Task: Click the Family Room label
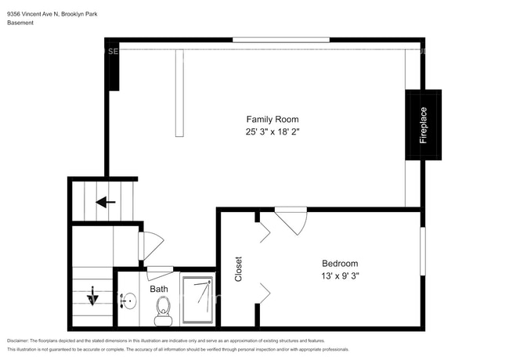(273, 119)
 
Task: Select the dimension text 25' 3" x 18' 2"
(273, 132)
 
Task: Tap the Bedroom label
(340, 264)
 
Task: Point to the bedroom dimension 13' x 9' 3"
(340, 276)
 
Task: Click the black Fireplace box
(423, 125)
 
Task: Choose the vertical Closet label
(239, 269)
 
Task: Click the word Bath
(159, 289)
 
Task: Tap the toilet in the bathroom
(163, 312)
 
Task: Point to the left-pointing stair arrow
(106, 202)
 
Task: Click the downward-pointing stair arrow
(92, 296)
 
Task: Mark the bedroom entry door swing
(291, 219)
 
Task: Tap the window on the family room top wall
(281, 39)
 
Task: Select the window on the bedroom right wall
(422, 251)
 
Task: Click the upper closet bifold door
(263, 231)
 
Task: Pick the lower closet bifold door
(263, 293)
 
